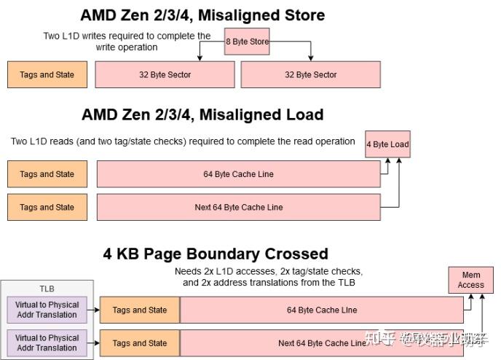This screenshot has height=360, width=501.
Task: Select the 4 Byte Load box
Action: [387, 144]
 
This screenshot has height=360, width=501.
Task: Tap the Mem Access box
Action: [470, 281]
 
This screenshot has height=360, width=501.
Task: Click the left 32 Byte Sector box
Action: [165, 74]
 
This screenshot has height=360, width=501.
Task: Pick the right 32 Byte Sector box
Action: [310, 74]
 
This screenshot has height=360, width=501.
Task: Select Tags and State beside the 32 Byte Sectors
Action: [47, 74]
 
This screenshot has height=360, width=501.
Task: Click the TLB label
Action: [47, 288]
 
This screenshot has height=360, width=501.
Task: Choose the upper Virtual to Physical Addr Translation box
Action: [47, 310]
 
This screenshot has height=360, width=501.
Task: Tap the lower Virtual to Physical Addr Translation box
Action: [47, 343]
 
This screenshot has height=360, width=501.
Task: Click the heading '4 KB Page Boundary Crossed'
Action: [216, 254]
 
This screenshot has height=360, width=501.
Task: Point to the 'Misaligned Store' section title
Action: [202, 15]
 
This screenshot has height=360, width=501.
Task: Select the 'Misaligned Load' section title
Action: [202, 114]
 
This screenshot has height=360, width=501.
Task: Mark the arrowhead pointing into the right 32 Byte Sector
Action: [312, 58]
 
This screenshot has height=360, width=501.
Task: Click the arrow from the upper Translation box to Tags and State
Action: [93, 310]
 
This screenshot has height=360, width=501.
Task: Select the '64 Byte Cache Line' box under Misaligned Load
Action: [238, 174]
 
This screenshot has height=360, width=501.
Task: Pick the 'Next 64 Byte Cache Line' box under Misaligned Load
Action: [238, 207]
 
